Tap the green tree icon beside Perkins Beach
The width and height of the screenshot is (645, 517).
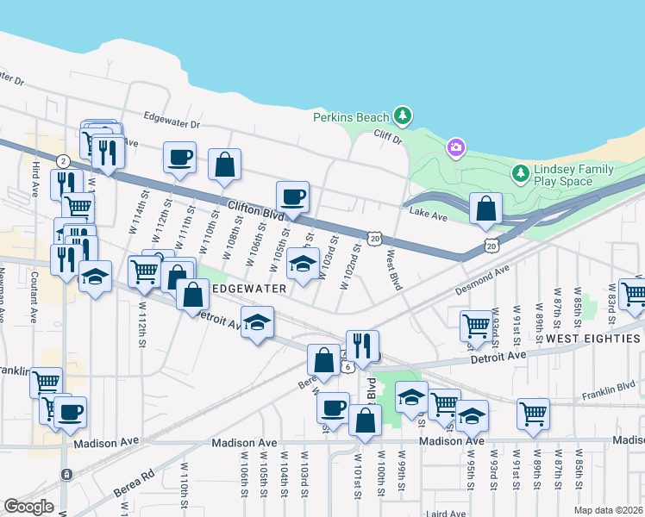(401, 115)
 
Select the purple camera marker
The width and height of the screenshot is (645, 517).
(455, 148)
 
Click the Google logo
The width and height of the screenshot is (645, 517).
(28, 506)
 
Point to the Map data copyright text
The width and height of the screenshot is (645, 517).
(609, 510)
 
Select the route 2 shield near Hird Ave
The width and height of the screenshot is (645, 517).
(63, 161)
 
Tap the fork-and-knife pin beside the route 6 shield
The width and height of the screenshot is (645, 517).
(362, 346)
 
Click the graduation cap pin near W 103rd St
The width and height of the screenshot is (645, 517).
(303, 263)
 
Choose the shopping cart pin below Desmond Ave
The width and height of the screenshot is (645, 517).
(475, 326)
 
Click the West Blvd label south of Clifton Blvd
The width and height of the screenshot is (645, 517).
(394, 270)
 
